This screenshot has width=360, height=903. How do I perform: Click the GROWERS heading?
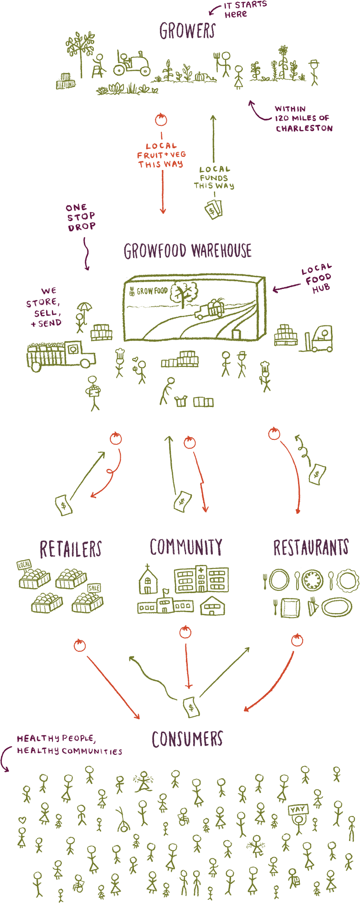tap(187, 31)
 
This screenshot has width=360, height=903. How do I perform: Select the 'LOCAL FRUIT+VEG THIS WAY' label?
tap(161, 155)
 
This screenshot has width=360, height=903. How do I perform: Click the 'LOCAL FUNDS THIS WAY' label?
tap(213, 177)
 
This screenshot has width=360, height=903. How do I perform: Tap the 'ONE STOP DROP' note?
tap(81, 217)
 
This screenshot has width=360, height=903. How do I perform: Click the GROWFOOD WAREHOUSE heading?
tap(187, 251)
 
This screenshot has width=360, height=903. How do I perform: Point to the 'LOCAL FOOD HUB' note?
tap(317, 278)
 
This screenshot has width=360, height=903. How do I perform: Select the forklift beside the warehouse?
tap(319, 339)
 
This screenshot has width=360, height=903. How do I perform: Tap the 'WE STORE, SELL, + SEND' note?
tap(45, 307)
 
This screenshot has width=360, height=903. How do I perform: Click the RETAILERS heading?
tap(71, 549)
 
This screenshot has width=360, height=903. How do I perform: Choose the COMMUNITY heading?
tap(186, 547)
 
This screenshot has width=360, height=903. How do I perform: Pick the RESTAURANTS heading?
tap(311, 547)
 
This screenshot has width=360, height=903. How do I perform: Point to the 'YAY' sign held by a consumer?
tap(298, 809)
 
